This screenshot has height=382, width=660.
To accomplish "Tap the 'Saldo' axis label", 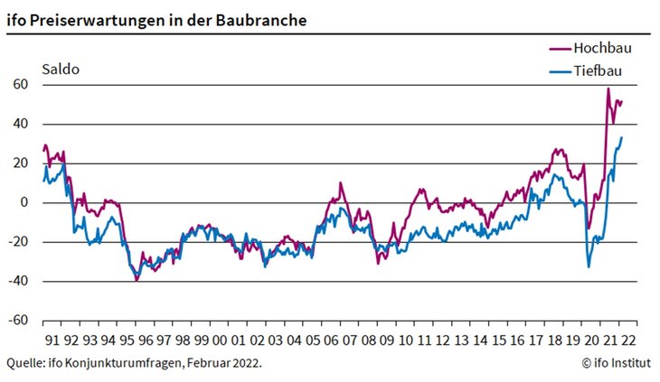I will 60,70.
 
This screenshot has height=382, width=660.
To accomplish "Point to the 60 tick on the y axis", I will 21,85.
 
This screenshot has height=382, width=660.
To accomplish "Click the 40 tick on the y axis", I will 21,124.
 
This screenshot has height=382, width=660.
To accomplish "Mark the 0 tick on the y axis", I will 24,202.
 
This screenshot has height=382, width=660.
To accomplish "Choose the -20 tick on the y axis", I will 18,242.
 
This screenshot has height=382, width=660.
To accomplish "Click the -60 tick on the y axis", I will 18,321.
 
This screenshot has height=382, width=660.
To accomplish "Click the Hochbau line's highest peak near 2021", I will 608,89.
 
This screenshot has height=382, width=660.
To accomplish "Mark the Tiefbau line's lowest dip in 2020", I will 589,266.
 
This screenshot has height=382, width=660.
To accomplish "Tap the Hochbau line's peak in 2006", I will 340,183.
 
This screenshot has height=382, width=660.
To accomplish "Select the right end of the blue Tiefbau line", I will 622,137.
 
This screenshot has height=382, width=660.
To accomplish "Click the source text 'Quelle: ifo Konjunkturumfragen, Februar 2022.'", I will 134,363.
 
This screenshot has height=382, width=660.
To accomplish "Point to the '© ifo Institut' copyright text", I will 615,363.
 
